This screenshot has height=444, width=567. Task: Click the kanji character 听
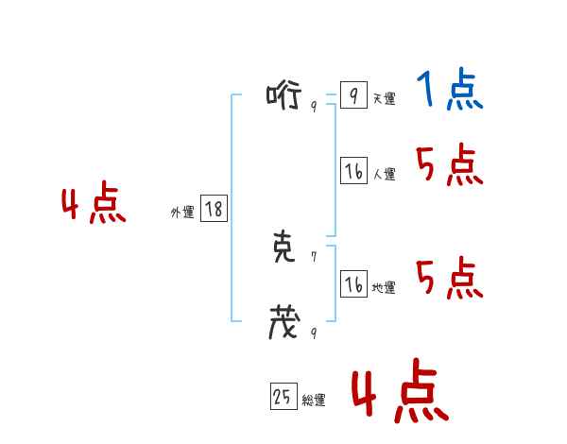(283, 95)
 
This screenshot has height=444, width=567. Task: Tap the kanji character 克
(283, 248)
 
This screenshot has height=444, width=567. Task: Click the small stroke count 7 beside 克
(313, 256)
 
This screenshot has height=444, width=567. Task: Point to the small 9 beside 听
(313, 106)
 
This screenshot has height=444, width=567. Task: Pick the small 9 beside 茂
(313, 333)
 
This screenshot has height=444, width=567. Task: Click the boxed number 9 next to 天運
(352, 95)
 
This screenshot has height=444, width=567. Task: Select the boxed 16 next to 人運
(353, 171)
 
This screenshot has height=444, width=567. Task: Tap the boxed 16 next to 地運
(353, 284)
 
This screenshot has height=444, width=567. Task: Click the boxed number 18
(214, 210)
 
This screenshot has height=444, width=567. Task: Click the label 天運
(384, 99)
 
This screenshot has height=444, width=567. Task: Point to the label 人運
(384, 175)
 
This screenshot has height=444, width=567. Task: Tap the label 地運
(384, 288)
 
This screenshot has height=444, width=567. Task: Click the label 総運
(314, 401)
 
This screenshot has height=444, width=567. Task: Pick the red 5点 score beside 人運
(449, 166)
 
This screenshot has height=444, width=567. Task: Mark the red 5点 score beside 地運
(449, 278)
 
